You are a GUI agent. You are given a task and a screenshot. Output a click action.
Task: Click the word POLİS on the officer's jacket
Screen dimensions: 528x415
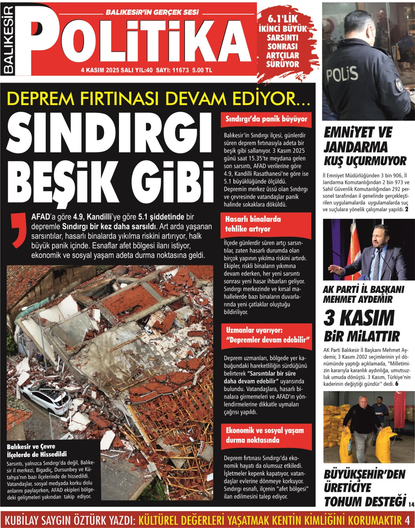coord(342,75)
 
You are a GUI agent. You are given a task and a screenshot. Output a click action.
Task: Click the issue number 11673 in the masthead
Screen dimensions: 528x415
coord(180,70)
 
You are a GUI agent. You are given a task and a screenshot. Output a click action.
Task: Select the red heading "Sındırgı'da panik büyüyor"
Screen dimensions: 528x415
coord(266,119)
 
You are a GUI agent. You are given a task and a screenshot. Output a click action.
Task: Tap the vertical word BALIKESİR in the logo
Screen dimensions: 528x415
coord(9,40)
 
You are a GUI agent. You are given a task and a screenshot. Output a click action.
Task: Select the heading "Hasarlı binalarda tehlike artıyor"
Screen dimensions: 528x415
coord(253,224)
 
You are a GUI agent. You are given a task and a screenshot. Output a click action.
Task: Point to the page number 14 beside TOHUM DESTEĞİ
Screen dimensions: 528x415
coord(411,504)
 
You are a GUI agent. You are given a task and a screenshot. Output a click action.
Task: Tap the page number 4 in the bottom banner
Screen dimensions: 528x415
coord(407,520)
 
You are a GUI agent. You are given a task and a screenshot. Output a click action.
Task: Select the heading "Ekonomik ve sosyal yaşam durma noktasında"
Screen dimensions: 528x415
coord(265,435)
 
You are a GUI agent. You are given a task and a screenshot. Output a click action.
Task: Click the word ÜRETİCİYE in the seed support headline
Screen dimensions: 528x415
coord(347,488)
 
